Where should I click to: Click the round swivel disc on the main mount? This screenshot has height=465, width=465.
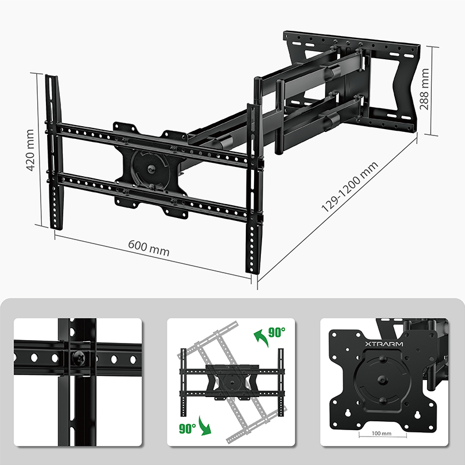pos(150,169)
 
